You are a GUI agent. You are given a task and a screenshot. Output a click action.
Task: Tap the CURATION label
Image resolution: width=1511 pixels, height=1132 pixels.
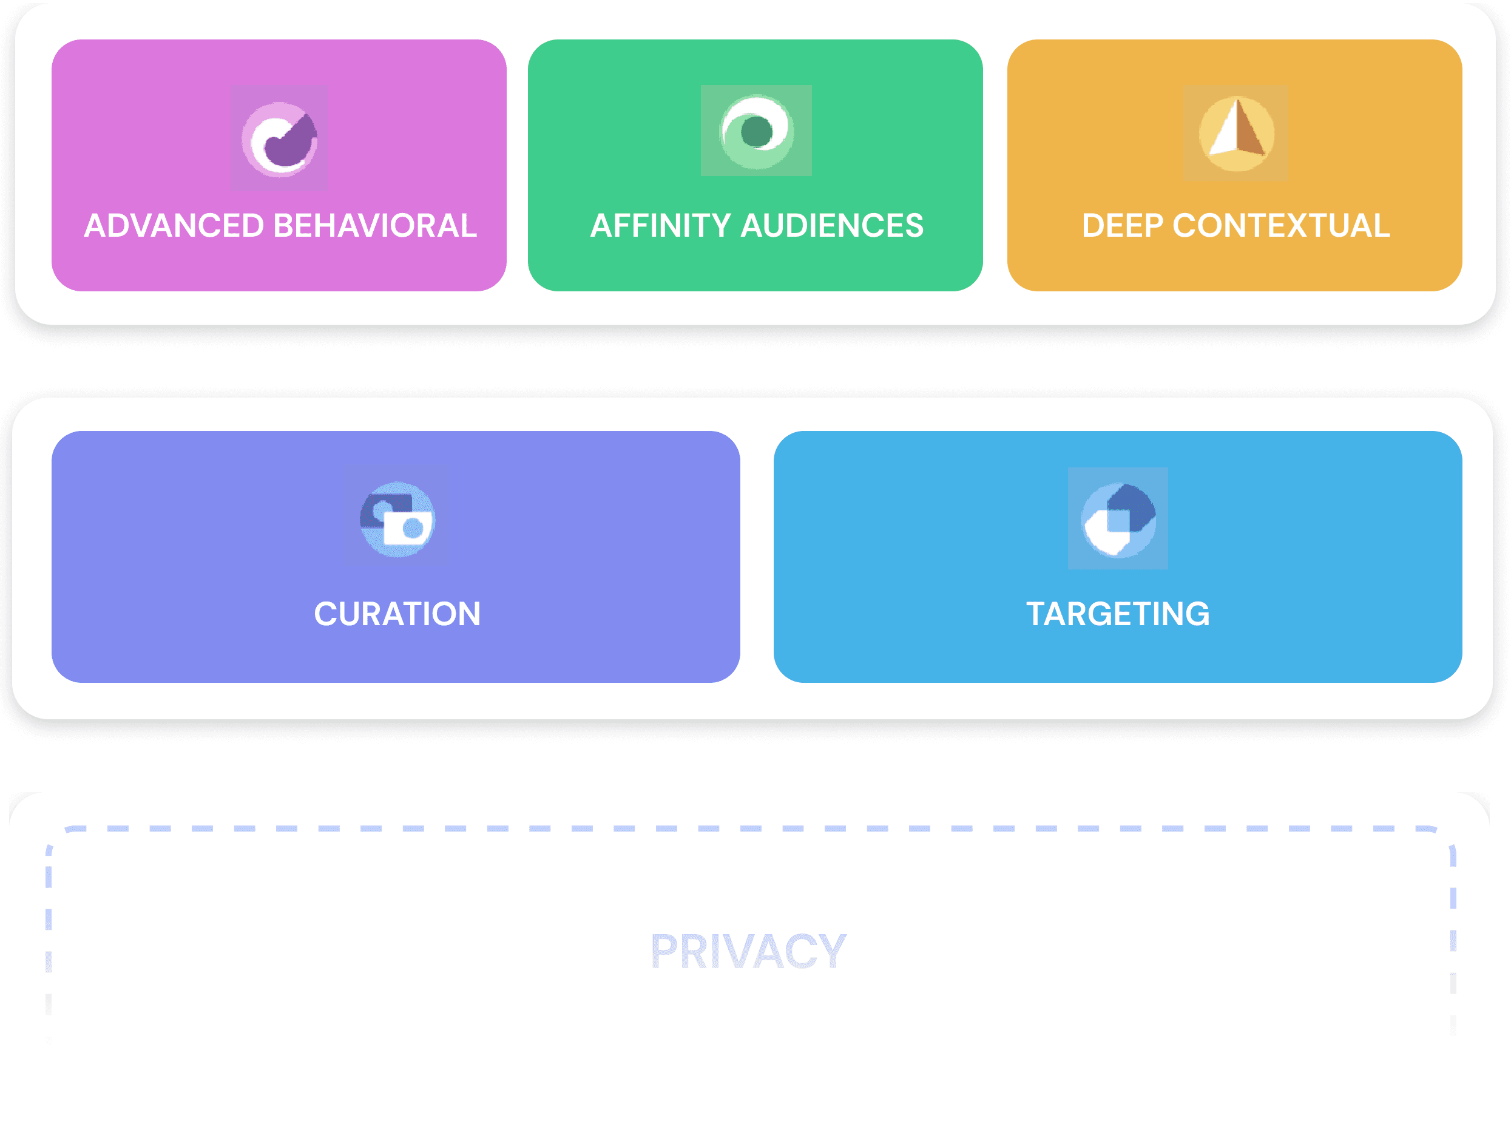tap(397, 614)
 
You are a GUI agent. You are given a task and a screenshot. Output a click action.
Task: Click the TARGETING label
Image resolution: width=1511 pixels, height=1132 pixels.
tap(1118, 614)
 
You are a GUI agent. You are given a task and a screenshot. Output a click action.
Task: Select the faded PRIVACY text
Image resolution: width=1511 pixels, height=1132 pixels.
tap(749, 951)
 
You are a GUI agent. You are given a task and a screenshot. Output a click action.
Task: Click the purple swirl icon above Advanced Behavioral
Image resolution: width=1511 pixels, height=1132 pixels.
tap(279, 138)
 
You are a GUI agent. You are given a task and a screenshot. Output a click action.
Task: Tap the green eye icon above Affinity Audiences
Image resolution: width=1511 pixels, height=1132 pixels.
tap(756, 131)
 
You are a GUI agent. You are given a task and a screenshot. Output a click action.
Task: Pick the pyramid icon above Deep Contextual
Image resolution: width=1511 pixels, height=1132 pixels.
tap(1236, 133)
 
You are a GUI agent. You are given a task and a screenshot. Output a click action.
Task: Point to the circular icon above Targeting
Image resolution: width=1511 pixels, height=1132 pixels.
tap(1118, 519)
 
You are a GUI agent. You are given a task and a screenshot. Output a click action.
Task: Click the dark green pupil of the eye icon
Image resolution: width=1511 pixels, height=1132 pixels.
tap(756, 131)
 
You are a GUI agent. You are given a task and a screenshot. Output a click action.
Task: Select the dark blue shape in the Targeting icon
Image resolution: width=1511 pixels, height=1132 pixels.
tap(1132, 506)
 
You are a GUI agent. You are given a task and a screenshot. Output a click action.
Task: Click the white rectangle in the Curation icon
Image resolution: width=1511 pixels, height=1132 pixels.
tap(407, 527)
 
